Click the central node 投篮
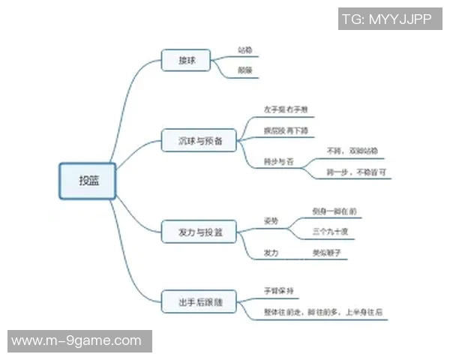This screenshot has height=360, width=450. click(x=88, y=181)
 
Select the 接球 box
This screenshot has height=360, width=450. click(x=187, y=61)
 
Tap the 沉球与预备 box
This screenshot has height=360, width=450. click(x=199, y=140)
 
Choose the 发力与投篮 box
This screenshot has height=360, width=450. click(x=199, y=232)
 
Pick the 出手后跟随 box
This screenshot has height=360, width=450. click(x=199, y=302)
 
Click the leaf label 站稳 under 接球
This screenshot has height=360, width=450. click(x=244, y=50)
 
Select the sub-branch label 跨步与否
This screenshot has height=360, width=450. click(x=277, y=160)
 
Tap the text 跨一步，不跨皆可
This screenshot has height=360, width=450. click(x=357, y=172)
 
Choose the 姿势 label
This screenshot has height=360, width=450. click(x=271, y=220)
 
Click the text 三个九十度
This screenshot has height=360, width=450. click(x=330, y=231)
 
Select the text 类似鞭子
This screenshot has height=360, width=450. click(x=327, y=253)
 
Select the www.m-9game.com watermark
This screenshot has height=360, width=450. click(x=76, y=340)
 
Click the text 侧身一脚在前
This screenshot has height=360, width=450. click(x=334, y=211)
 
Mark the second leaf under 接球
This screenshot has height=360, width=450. click(x=244, y=70)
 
